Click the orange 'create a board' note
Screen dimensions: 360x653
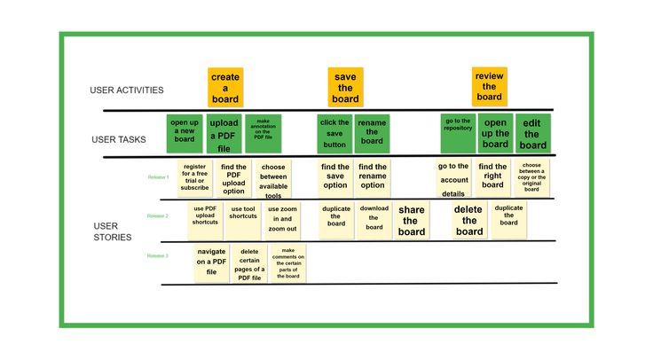[x=224, y=88]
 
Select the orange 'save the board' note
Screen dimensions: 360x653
[x=345, y=88]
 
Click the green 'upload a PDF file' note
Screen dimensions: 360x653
[x=224, y=135]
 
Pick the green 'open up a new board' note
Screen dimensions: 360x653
[x=185, y=133]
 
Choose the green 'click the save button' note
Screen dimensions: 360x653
[x=334, y=133]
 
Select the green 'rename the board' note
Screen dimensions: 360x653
[x=372, y=134]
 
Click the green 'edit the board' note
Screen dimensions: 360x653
[x=532, y=134]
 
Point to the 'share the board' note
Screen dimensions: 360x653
[x=412, y=221]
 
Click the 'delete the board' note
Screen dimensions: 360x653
[x=469, y=221]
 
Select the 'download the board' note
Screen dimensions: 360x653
[x=374, y=218]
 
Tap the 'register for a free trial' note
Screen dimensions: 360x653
[x=195, y=176]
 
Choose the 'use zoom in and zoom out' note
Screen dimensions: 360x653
[x=282, y=219]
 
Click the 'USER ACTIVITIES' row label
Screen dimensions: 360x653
[x=127, y=90]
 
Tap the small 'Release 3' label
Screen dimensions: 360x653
[x=158, y=256]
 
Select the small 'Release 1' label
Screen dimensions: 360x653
[x=158, y=177]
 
